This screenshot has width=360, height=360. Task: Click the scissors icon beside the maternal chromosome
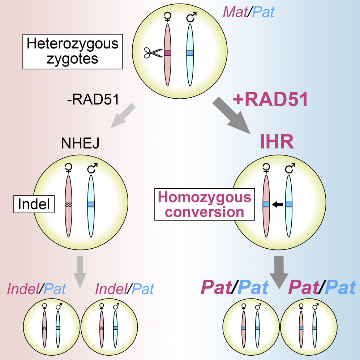click(x=153, y=53)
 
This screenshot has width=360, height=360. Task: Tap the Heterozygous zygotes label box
click(x=73, y=51)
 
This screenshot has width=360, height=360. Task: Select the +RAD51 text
click(x=270, y=99)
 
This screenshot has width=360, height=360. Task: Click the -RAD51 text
click(x=93, y=99)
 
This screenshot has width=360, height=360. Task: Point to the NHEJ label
click(x=80, y=143)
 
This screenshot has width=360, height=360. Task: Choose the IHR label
click(x=277, y=141)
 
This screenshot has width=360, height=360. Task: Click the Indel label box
click(x=34, y=204)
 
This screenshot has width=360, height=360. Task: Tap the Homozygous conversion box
click(x=205, y=204)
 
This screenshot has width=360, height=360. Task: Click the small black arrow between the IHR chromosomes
click(x=277, y=204)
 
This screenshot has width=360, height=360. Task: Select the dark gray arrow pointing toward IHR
click(x=231, y=115)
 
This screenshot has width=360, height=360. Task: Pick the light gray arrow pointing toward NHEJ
click(x=123, y=116)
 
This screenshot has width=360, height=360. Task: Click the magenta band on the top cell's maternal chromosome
click(x=167, y=53)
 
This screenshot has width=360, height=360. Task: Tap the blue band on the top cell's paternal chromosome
click(x=190, y=53)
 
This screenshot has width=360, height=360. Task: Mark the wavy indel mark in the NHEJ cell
click(x=68, y=204)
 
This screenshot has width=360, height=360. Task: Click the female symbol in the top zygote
click(x=168, y=17)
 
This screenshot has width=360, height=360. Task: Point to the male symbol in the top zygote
click(x=191, y=17)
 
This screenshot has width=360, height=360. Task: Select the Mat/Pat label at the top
click(x=249, y=12)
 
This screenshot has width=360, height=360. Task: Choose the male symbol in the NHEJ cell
click(x=92, y=168)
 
